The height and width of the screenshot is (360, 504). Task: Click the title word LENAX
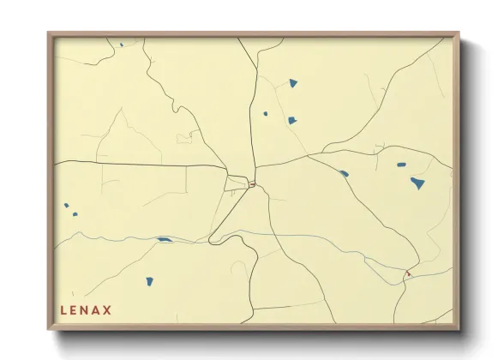pyautogui.click(x=86, y=309)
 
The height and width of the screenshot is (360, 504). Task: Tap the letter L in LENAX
pyautogui.click(x=63, y=309)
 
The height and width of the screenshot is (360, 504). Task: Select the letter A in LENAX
pyautogui.click(x=97, y=309)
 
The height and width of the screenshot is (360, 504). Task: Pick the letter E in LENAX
pyautogui.click(x=75, y=309)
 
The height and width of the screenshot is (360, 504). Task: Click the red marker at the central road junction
pyautogui.click(x=253, y=183)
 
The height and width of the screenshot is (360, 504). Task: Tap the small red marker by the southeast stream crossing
pyautogui.click(x=408, y=273)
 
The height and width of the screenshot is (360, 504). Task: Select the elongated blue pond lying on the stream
pyautogui.click(x=163, y=240)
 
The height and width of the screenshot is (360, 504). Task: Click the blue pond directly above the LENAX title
pyautogui.click(x=148, y=281)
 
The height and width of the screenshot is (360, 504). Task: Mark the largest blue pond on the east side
pyautogui.click(x=417, y=183)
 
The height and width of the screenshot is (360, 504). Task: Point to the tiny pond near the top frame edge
pyautogui.click(x=121, y=45)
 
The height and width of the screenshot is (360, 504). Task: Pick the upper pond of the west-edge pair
pyautogui.click(x=66, y=206)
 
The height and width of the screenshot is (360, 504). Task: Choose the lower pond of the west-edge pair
pyautogui.click(x=75, y=214)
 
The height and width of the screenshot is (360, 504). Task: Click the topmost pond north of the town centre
pyautogui.click(x=293, y=83)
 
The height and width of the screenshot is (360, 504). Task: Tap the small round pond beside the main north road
pyautogui.click(x=265, y=113)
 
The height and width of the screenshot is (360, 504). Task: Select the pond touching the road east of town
pyautogui.click(x=344, y=173)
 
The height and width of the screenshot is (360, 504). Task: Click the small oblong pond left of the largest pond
pyautogui.click(x=400, y=164)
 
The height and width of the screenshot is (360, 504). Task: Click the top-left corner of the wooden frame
pyautogui.click(x=50, y=34)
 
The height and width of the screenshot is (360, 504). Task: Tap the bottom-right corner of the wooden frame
pyautogui.click(x=458, y=329)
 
